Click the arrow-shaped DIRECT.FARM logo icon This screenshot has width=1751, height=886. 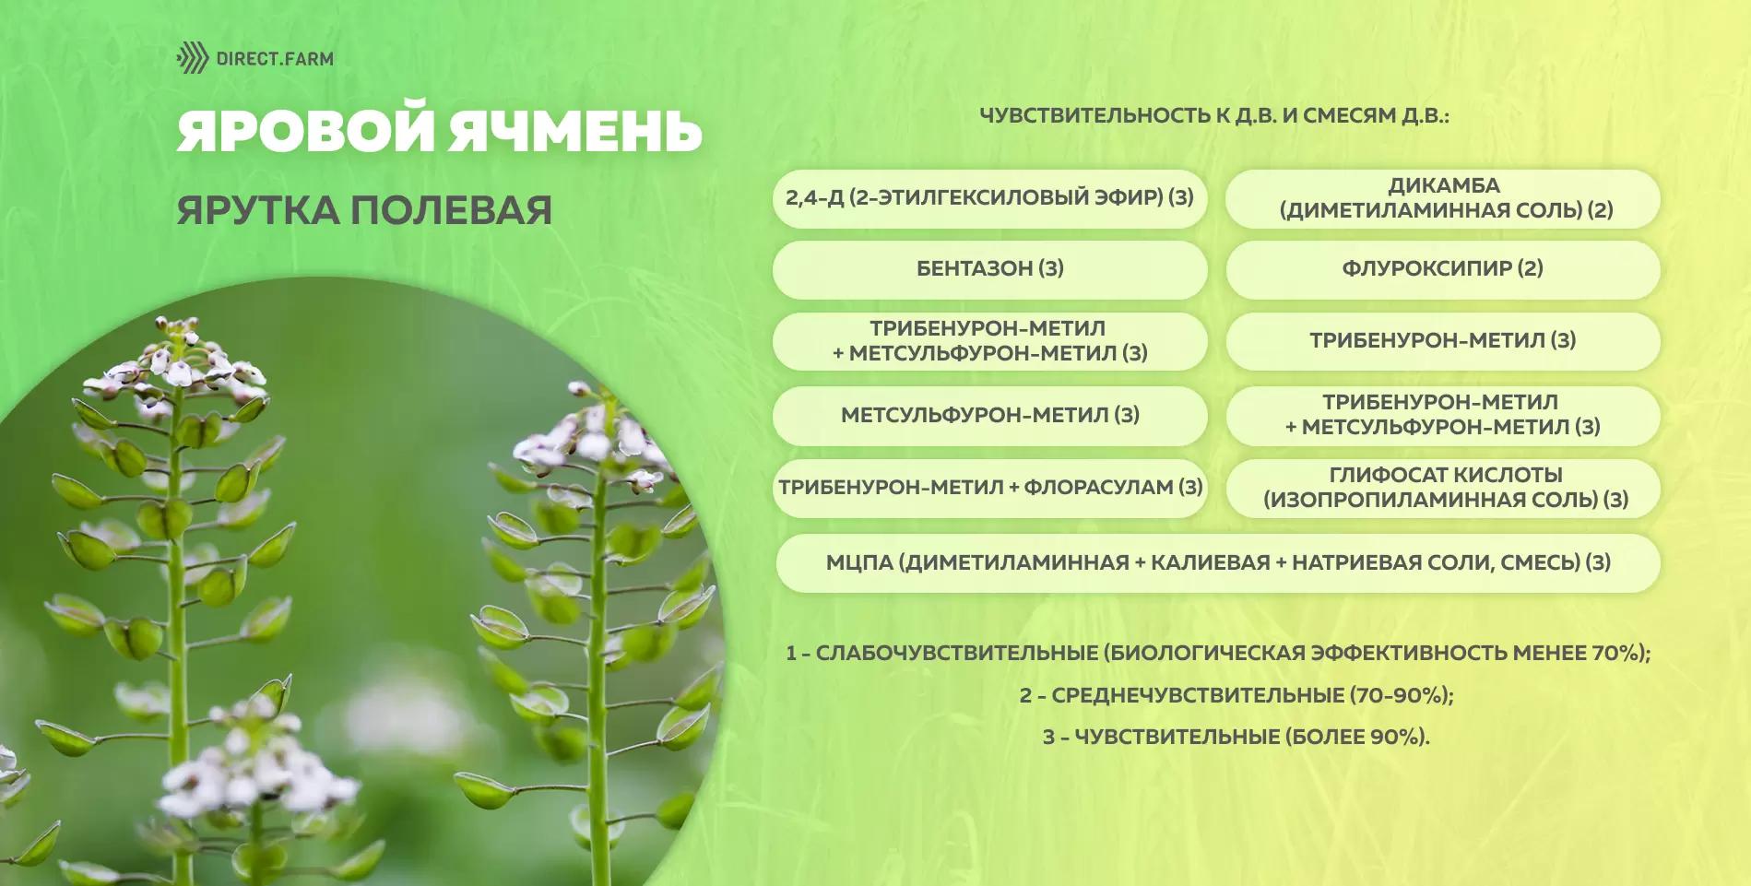(x=193, y=58)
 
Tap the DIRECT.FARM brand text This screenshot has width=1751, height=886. (x=275, y=59)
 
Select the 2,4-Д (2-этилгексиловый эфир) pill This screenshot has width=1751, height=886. (x=989, y=197)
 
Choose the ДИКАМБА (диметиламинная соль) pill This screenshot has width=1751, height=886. (x=1443, y=197)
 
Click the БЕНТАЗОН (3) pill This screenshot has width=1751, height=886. (x=989, y=269)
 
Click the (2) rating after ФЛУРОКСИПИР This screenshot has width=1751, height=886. (x=1531, y=268)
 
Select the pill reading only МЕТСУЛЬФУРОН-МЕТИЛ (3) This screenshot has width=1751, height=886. (x=989, y=415)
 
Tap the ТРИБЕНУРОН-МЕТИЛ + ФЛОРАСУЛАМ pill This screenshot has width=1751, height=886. (x=989, y=488)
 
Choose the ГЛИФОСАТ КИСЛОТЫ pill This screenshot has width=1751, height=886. (x=1443, y=488)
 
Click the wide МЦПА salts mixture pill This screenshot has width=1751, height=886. (x=1217, y=562)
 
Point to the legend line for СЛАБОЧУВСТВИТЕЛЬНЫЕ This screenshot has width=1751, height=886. (x=1218, y=653)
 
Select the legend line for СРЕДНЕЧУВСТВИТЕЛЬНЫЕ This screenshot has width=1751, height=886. (x=1236, y=695)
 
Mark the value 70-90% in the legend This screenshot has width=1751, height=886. (x=1398, y=695)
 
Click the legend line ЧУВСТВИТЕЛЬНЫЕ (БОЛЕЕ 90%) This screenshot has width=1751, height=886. (x=1236, y=737)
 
